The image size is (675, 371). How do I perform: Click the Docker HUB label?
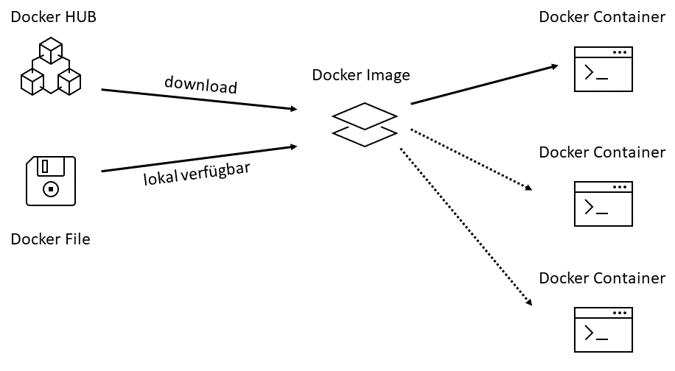[54, 17]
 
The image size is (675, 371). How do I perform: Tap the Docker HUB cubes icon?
[50, 68]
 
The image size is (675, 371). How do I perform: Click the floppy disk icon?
[50, 180]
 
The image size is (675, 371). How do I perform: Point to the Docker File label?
[50, 239]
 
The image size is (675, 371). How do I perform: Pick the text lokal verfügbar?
[197, 174]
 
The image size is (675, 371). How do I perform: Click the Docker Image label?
[361, 75]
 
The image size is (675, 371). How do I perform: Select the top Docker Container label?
[602, 17]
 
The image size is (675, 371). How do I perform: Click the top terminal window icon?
[603, 69]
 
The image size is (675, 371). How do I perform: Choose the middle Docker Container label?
[602, 152]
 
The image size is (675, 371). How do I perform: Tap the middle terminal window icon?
[603, 205]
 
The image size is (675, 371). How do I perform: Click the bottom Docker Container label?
[602, 278]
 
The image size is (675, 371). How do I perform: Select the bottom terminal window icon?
[603, 330]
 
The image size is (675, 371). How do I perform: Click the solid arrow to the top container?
[484, 84]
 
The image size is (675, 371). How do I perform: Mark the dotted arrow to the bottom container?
[466, 226]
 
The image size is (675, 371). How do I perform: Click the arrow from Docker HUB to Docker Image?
[199, 99]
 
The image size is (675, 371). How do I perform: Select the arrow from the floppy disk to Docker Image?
[199, 158]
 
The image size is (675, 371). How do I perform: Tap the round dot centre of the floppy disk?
[51, 188]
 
